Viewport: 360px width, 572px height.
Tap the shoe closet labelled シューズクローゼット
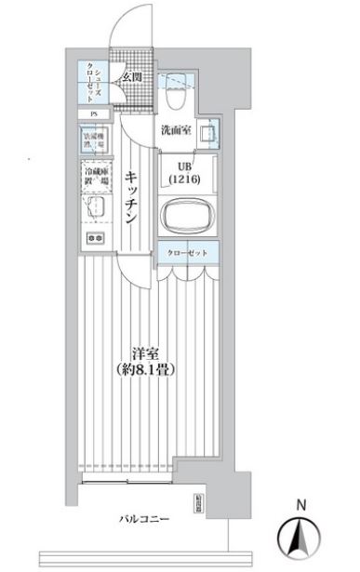tap(94, 81)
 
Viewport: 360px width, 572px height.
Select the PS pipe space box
tap(93, 115)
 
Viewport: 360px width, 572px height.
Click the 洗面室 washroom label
tap(176, 130)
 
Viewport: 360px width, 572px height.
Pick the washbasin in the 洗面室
tap(212, 133)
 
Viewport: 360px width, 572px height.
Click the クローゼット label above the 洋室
tap(187, 253)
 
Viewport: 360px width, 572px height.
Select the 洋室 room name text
tap(142, 353)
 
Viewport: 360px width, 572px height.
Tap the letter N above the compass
tap(300, 505)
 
